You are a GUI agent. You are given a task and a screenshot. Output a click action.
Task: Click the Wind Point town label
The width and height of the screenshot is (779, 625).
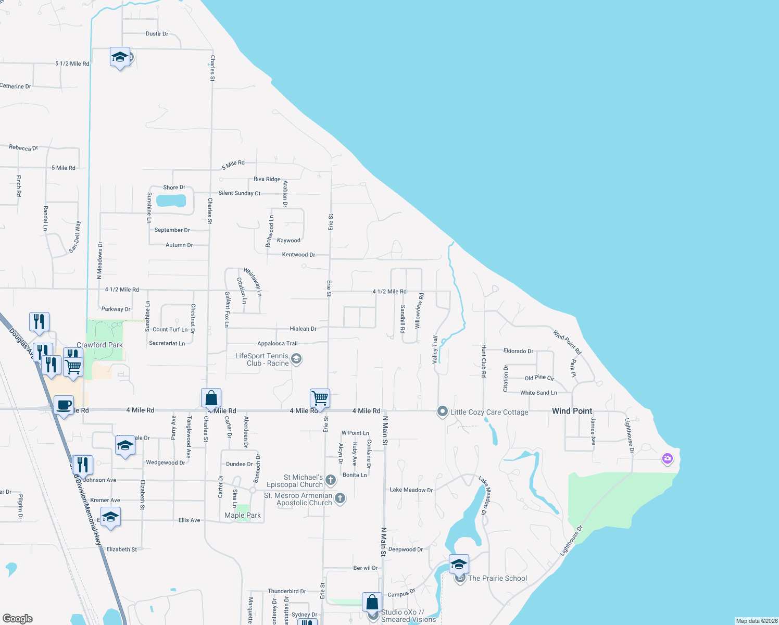point(572,411)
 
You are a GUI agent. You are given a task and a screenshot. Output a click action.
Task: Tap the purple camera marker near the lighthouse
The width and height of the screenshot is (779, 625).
point(667,459)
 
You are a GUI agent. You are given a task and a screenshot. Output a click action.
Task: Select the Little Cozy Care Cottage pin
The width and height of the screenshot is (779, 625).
point(443,411)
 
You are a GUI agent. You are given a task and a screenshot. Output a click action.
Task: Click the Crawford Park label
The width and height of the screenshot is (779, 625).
point(99,345)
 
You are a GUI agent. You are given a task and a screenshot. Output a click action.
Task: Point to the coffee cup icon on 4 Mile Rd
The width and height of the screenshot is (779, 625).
point(64,406)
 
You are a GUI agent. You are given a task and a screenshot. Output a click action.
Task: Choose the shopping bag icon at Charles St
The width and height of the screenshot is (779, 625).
point(211,398)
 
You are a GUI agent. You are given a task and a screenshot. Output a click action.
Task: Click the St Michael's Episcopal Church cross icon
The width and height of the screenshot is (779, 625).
point(330,480)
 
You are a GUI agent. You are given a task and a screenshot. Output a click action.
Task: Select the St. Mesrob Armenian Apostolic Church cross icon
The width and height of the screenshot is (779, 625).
point(340,498)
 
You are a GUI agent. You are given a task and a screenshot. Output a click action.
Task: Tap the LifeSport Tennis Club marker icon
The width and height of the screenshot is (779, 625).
point(296,358)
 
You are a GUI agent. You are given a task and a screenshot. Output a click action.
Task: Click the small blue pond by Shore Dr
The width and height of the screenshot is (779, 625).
point(171,201)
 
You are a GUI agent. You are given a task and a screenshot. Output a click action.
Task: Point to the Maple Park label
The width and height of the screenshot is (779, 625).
point(243,515)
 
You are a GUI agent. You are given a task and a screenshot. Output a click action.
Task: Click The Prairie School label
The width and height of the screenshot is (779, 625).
point(497,578)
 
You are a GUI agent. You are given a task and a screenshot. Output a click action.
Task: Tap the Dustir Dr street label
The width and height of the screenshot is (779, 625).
point(157,34)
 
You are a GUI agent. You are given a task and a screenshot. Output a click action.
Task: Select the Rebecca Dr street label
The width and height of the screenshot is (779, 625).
point(23,148)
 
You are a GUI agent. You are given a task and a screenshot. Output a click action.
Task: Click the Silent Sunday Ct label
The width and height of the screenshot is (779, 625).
point(240,193)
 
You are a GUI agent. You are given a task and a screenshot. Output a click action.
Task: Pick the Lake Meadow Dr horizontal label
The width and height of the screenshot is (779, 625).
point(411,490)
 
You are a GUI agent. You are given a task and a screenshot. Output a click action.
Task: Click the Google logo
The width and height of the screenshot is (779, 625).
point(18,619)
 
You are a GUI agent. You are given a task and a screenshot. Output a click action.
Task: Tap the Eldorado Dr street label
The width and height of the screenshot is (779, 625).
point(518,351)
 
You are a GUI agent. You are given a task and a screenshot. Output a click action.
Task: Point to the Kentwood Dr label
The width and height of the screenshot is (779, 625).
point(298,255)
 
